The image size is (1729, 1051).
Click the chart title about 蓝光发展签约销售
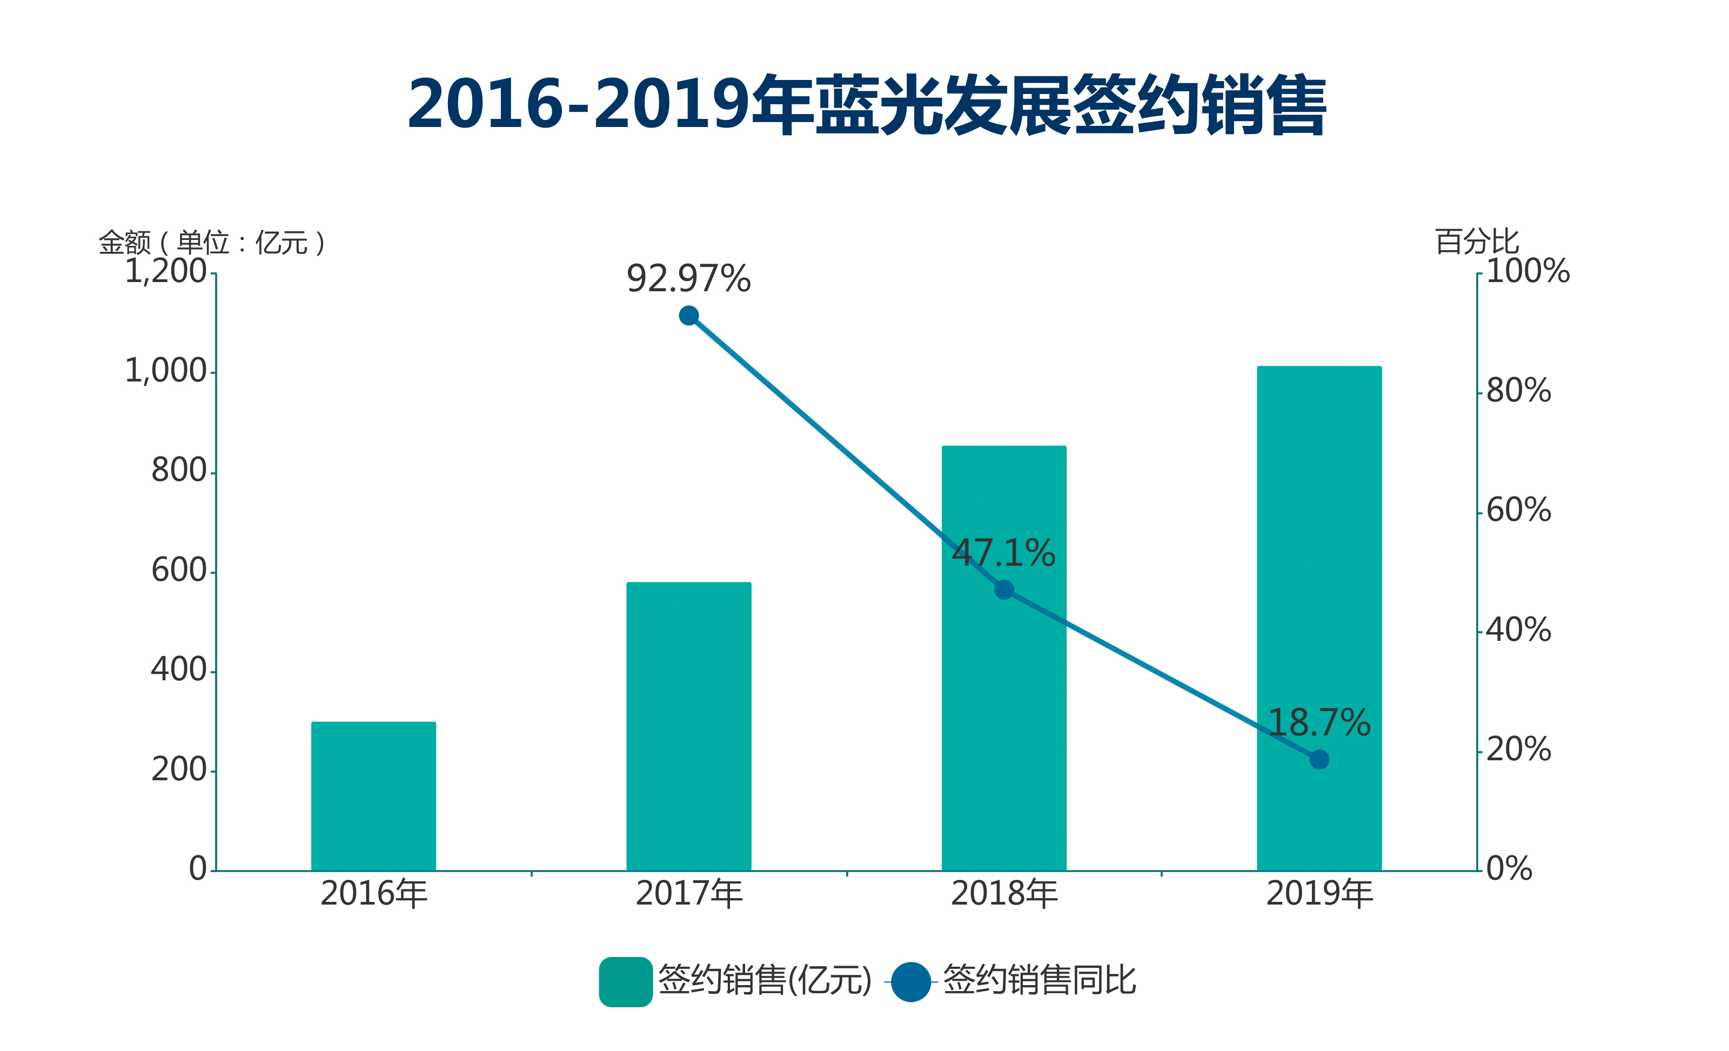pos(866,105)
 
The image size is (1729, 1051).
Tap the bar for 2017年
pos(688,726)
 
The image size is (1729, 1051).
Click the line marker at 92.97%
pos(688,316)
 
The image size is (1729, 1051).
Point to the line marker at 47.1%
pos(1003,590)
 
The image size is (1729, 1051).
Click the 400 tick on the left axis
pos(178,670)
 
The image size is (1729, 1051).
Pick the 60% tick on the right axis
pos(1518,510)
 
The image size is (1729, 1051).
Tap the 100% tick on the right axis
pos(1527,271)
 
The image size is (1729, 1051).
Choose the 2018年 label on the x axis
pos(1003,894)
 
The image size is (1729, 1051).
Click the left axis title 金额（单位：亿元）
pos(212,243)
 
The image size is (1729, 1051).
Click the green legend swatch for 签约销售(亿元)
pos(625,981)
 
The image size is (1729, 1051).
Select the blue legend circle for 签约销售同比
pos(911,981)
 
